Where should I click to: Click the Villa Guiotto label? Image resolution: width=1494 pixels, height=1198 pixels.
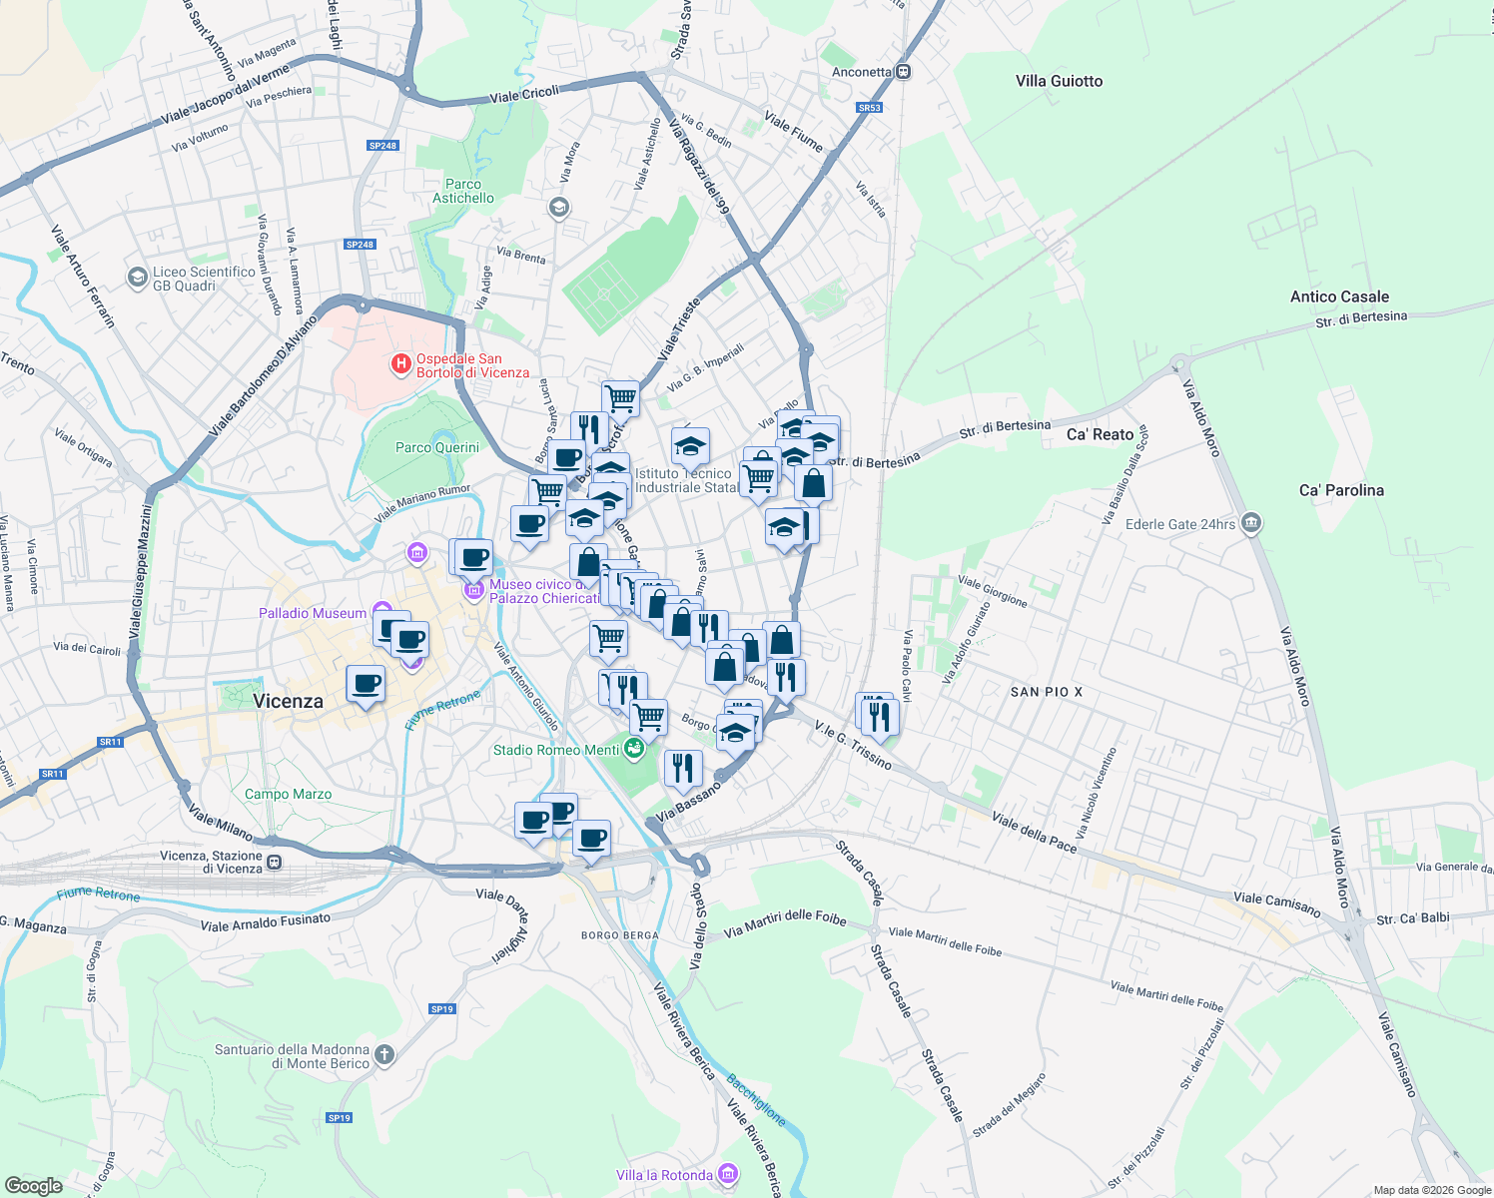click(1059, 81)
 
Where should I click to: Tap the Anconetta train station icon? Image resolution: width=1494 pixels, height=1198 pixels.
click(903, 72)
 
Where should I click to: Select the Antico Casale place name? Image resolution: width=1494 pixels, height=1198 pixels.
click(1339, 297)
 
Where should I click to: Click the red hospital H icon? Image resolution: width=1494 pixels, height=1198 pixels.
click(401, 364)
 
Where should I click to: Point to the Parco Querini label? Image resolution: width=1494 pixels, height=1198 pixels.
click(437, 447)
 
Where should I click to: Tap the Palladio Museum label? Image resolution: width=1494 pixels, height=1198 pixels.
click(313, 613)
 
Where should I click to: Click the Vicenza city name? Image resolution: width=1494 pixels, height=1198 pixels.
click(288, 701)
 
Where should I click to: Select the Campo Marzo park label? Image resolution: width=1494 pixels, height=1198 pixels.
click(288, 794)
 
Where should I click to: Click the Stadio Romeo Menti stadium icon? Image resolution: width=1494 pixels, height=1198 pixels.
click(633, 749)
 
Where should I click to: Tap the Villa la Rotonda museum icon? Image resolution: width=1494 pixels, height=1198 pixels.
click(729, 1174)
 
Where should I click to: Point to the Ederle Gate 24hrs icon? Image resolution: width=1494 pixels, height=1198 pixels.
click(1251, 523)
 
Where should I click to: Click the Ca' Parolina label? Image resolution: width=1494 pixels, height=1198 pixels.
click(1341, 490)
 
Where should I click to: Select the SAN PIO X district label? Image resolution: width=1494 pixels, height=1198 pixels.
click(1046, 692)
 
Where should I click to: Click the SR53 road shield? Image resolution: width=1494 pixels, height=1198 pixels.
click(869, 108)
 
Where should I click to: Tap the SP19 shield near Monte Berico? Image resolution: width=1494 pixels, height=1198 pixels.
click(339, 1118)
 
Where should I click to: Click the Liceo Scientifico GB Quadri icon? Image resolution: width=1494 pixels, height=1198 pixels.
click(138, 278)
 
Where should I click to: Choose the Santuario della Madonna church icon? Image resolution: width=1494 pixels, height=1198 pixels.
click(384, 1055)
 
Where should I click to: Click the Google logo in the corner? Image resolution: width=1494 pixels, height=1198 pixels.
click(33, 1185)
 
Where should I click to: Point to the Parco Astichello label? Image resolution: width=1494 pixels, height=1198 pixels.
click(463, 191)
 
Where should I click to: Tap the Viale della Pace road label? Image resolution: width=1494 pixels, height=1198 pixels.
click(1034, 833)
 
